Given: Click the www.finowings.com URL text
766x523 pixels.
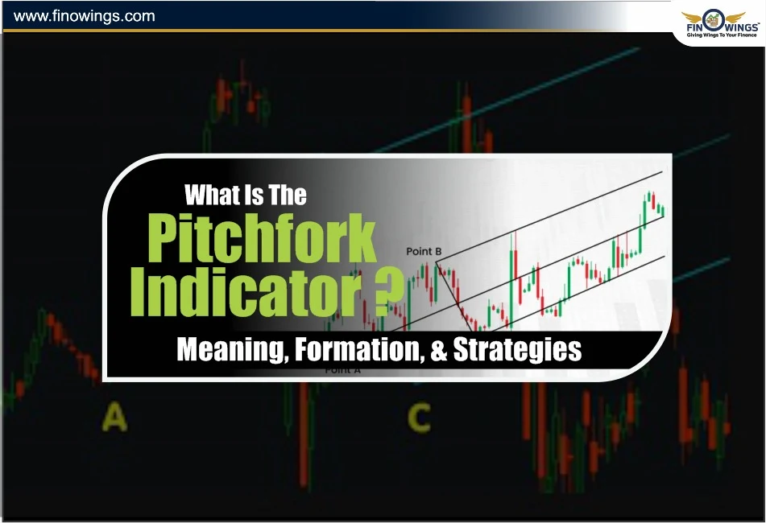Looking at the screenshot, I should tap(85, 16).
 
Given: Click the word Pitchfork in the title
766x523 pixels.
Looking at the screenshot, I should tap(262, 238).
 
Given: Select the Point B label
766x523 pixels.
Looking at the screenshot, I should tap(424, 252).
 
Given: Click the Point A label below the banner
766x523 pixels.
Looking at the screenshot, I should tap(342, 370).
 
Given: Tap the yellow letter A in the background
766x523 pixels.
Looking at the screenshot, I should tap(114, 418).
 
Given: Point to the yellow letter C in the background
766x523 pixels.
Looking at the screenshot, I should tap(418, 418).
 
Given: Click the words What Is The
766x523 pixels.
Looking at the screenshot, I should tap(246, 195).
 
